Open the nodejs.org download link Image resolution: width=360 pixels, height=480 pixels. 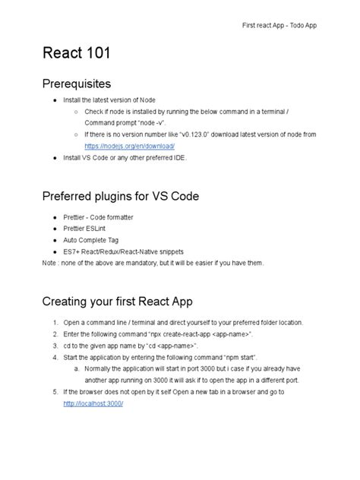click(x=131, y=146)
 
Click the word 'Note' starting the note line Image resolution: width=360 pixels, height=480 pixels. click(x=50, y=263)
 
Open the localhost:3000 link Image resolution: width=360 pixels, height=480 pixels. click(x=93, y=403)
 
